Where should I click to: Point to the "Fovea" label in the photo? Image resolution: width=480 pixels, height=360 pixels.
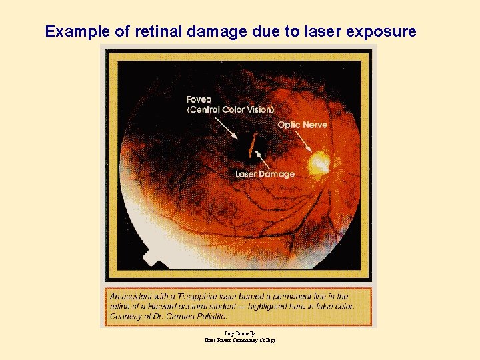(x=199, y=100)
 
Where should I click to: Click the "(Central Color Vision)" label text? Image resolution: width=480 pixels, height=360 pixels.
(x=230, y=109)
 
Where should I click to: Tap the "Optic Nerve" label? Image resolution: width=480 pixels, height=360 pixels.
(x=302, y=125)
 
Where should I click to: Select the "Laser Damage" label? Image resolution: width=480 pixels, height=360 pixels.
(x=265, y=174)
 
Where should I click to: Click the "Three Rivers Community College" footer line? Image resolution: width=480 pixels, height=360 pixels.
(x=239, y=340)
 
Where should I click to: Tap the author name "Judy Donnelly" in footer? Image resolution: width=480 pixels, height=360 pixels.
(x=239, y=333)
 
